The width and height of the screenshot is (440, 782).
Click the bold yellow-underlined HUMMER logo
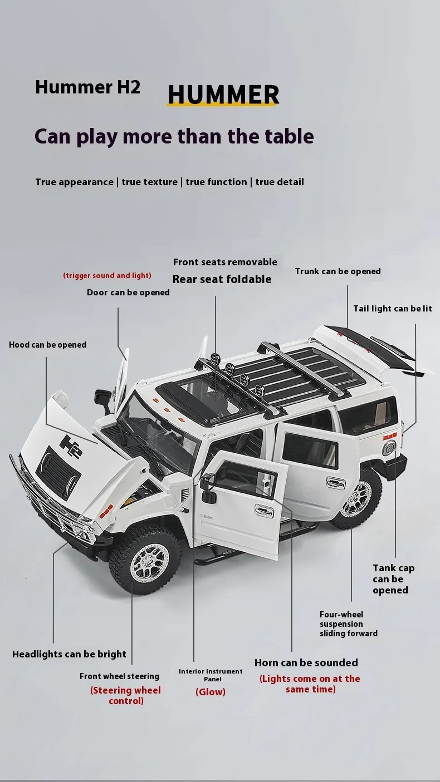(223, 94)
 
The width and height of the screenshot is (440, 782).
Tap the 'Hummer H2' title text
(87, 87)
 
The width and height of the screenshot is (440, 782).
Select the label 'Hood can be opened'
(47, 345)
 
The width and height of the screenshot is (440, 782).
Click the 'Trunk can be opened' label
(338, 271)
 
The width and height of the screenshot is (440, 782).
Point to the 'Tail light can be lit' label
(393, 309)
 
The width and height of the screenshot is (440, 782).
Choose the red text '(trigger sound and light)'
(107, 275)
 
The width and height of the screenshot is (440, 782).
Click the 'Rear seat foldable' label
(222, 279)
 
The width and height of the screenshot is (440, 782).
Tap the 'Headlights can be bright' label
(69, 654)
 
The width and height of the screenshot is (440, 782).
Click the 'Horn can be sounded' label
(306, 662)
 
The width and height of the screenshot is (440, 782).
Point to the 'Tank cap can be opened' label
(394, 579)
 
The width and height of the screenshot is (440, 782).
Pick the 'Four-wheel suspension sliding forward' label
(349, 624)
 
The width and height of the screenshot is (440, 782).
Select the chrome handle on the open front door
(264, 511)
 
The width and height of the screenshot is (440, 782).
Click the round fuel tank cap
(389, 448)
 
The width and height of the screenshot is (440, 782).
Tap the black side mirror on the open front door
(208, 488)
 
